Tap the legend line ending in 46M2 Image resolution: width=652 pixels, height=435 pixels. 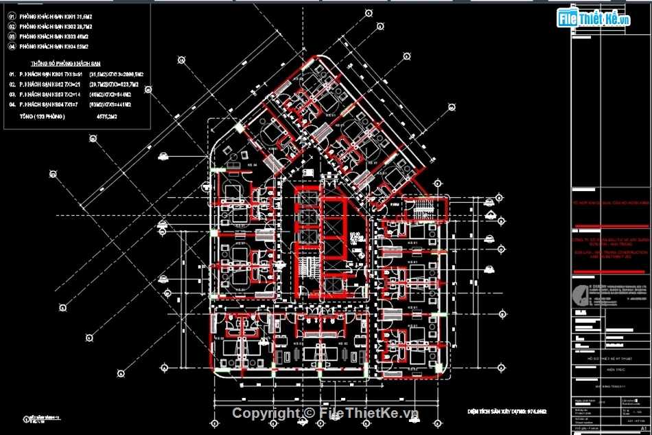pyautogui.click(x=54, y=36)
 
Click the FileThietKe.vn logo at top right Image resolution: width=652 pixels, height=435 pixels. pyautogui.click(x=594, y=19)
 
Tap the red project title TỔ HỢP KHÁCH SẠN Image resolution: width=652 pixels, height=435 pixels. pyautogui.click(x=611, y=204)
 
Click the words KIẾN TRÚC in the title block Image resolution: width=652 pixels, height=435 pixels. pyautogui.click(x=609, y=369)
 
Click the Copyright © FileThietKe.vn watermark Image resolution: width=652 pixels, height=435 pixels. pyautogui.click(x=325, y=412)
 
